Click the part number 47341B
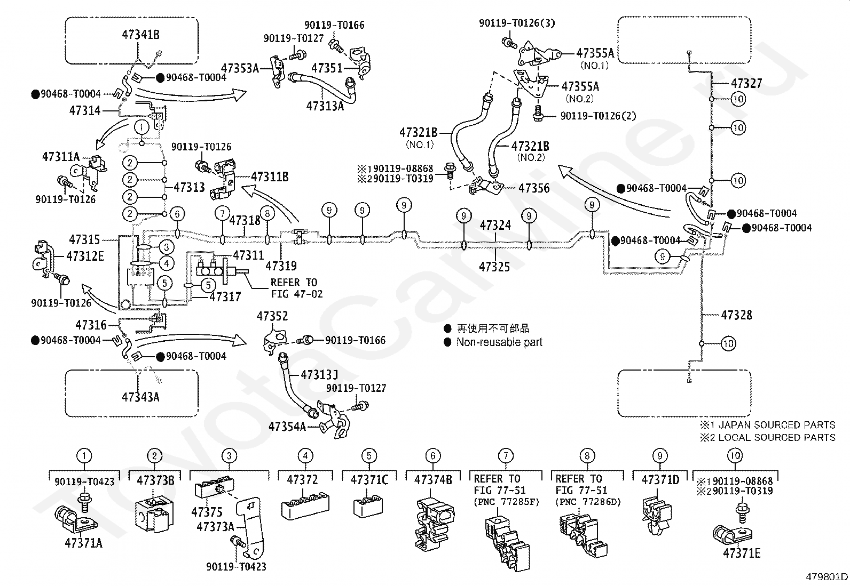[x=140, y=35]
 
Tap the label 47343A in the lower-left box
[x=140, y=397]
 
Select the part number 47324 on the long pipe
[x=495, y=225]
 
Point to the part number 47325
[x=494, y=267]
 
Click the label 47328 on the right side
[x=736, y=315]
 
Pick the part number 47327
[x=746, y=83]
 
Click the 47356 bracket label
[x=534, y=188]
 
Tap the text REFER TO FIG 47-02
[x=297, y=288]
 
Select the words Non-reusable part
[x=499, y=342]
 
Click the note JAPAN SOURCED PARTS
[x=777, y=424]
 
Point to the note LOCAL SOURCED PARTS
[x=777, y=437]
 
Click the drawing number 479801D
[x=827, y=576]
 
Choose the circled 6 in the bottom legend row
[x=433, y=455]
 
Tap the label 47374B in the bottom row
[x=433, y=480]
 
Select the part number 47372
[x=302, y=480]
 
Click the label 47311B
[x=270, y=176]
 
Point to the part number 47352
[x=272, y=316]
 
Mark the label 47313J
[x=319, y=374]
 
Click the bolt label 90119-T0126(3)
[x=517, y=23]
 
